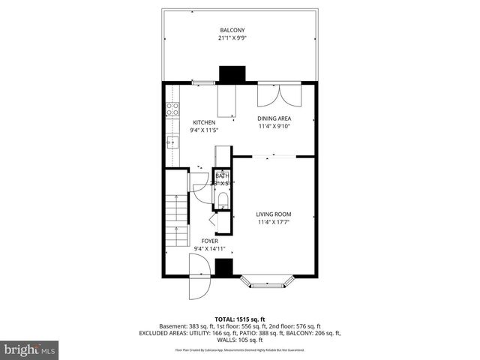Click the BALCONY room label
click(232, 30)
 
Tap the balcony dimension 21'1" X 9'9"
click(232, 37)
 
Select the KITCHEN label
click(204, 122)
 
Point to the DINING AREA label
click(274, 118)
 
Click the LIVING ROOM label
click(274, 214)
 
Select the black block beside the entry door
click(223, 268)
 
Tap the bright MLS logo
click(30, 349)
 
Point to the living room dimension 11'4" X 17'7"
click(274, 221)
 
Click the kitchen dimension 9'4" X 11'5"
click(204, 130)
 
